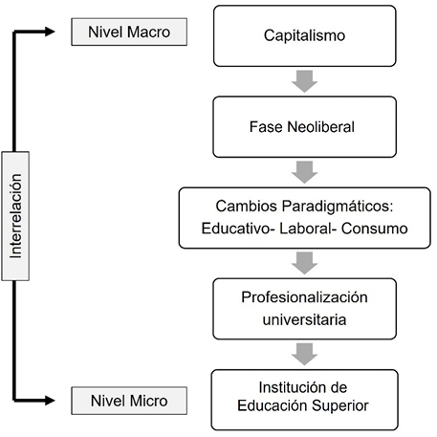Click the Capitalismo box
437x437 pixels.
305,35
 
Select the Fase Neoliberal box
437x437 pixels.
305,127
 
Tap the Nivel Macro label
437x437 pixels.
129,32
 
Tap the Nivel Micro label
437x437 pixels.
129,401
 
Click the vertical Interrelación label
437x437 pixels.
15,216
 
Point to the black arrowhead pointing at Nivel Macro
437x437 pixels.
50,32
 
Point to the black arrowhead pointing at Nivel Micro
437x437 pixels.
50,401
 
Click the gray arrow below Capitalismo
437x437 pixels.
304,81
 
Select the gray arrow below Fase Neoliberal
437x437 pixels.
304,172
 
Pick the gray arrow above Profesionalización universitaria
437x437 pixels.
304,263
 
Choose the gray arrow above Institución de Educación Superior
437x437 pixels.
304,355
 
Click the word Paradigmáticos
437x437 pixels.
338,207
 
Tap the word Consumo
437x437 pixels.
375,229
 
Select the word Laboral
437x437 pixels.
306,229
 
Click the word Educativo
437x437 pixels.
236,229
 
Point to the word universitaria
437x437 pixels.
304,319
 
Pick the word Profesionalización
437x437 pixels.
304,297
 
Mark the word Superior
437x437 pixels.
340,406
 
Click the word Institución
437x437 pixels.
290,387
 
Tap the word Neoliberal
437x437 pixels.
320,127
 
